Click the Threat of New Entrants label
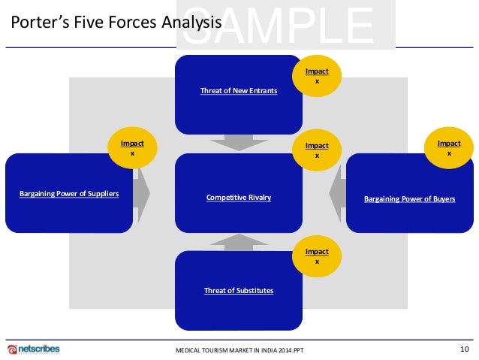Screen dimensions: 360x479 point(239,91)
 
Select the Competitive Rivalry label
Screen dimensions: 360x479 point(239,198)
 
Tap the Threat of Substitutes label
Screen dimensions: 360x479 point(239,291)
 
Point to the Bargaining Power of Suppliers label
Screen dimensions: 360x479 point(69,195)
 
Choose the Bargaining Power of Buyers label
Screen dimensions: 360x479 point(409,199)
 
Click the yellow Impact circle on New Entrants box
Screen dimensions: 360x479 point(316,76)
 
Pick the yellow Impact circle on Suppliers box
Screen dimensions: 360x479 point(132,147)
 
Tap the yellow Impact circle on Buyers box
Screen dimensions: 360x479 point(449,147)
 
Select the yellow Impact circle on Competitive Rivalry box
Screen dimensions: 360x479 point(316,150)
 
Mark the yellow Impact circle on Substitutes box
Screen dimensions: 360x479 point(316,256)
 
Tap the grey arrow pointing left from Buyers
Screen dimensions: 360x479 point(336,193)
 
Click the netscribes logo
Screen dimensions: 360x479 point(35,349)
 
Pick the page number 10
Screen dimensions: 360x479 point(464,349)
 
